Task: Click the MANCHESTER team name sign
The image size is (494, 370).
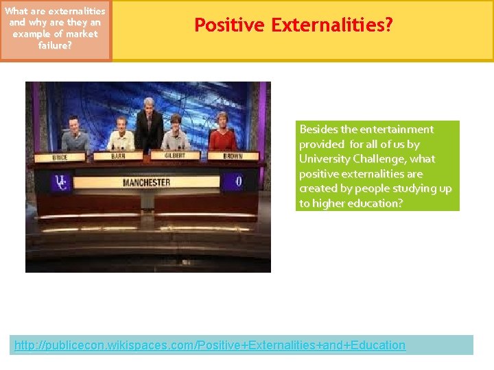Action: coord(146,182)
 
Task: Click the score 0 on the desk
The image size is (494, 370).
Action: coord(238,182)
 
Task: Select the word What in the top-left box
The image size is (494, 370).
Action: coord(17,11)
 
